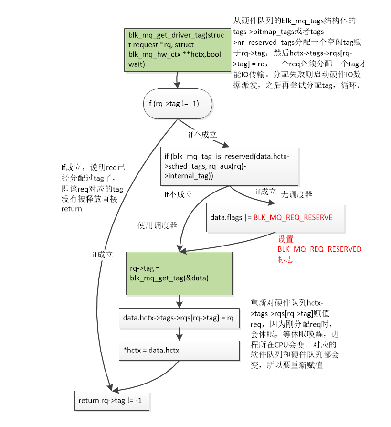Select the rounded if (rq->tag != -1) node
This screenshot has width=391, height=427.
pyautogui.click(x=178, y=103)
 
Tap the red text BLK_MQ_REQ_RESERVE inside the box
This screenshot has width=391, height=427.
pyautogui.click(x=293, y=217)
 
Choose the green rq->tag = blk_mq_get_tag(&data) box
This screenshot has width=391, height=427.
pyautogui.click(x=179, y=273)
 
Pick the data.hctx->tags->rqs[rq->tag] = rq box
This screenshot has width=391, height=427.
pyautogui.click(x=179, y=318)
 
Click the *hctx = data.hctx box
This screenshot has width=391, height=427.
pyautogui.click(x=179, y=350)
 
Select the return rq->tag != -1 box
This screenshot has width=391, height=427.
pyautogui.click(x=112, y=400)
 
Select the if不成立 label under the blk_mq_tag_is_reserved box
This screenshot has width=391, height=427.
pyautogui.click(x=178, y=194)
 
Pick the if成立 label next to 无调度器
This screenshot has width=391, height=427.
pyautogui.click(x=266, y=192)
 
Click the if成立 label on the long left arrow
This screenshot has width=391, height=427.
pyautogui.click(x=103, y=255)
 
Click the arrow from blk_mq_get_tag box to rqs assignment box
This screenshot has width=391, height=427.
pyautogui.click(x=179, y=301)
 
